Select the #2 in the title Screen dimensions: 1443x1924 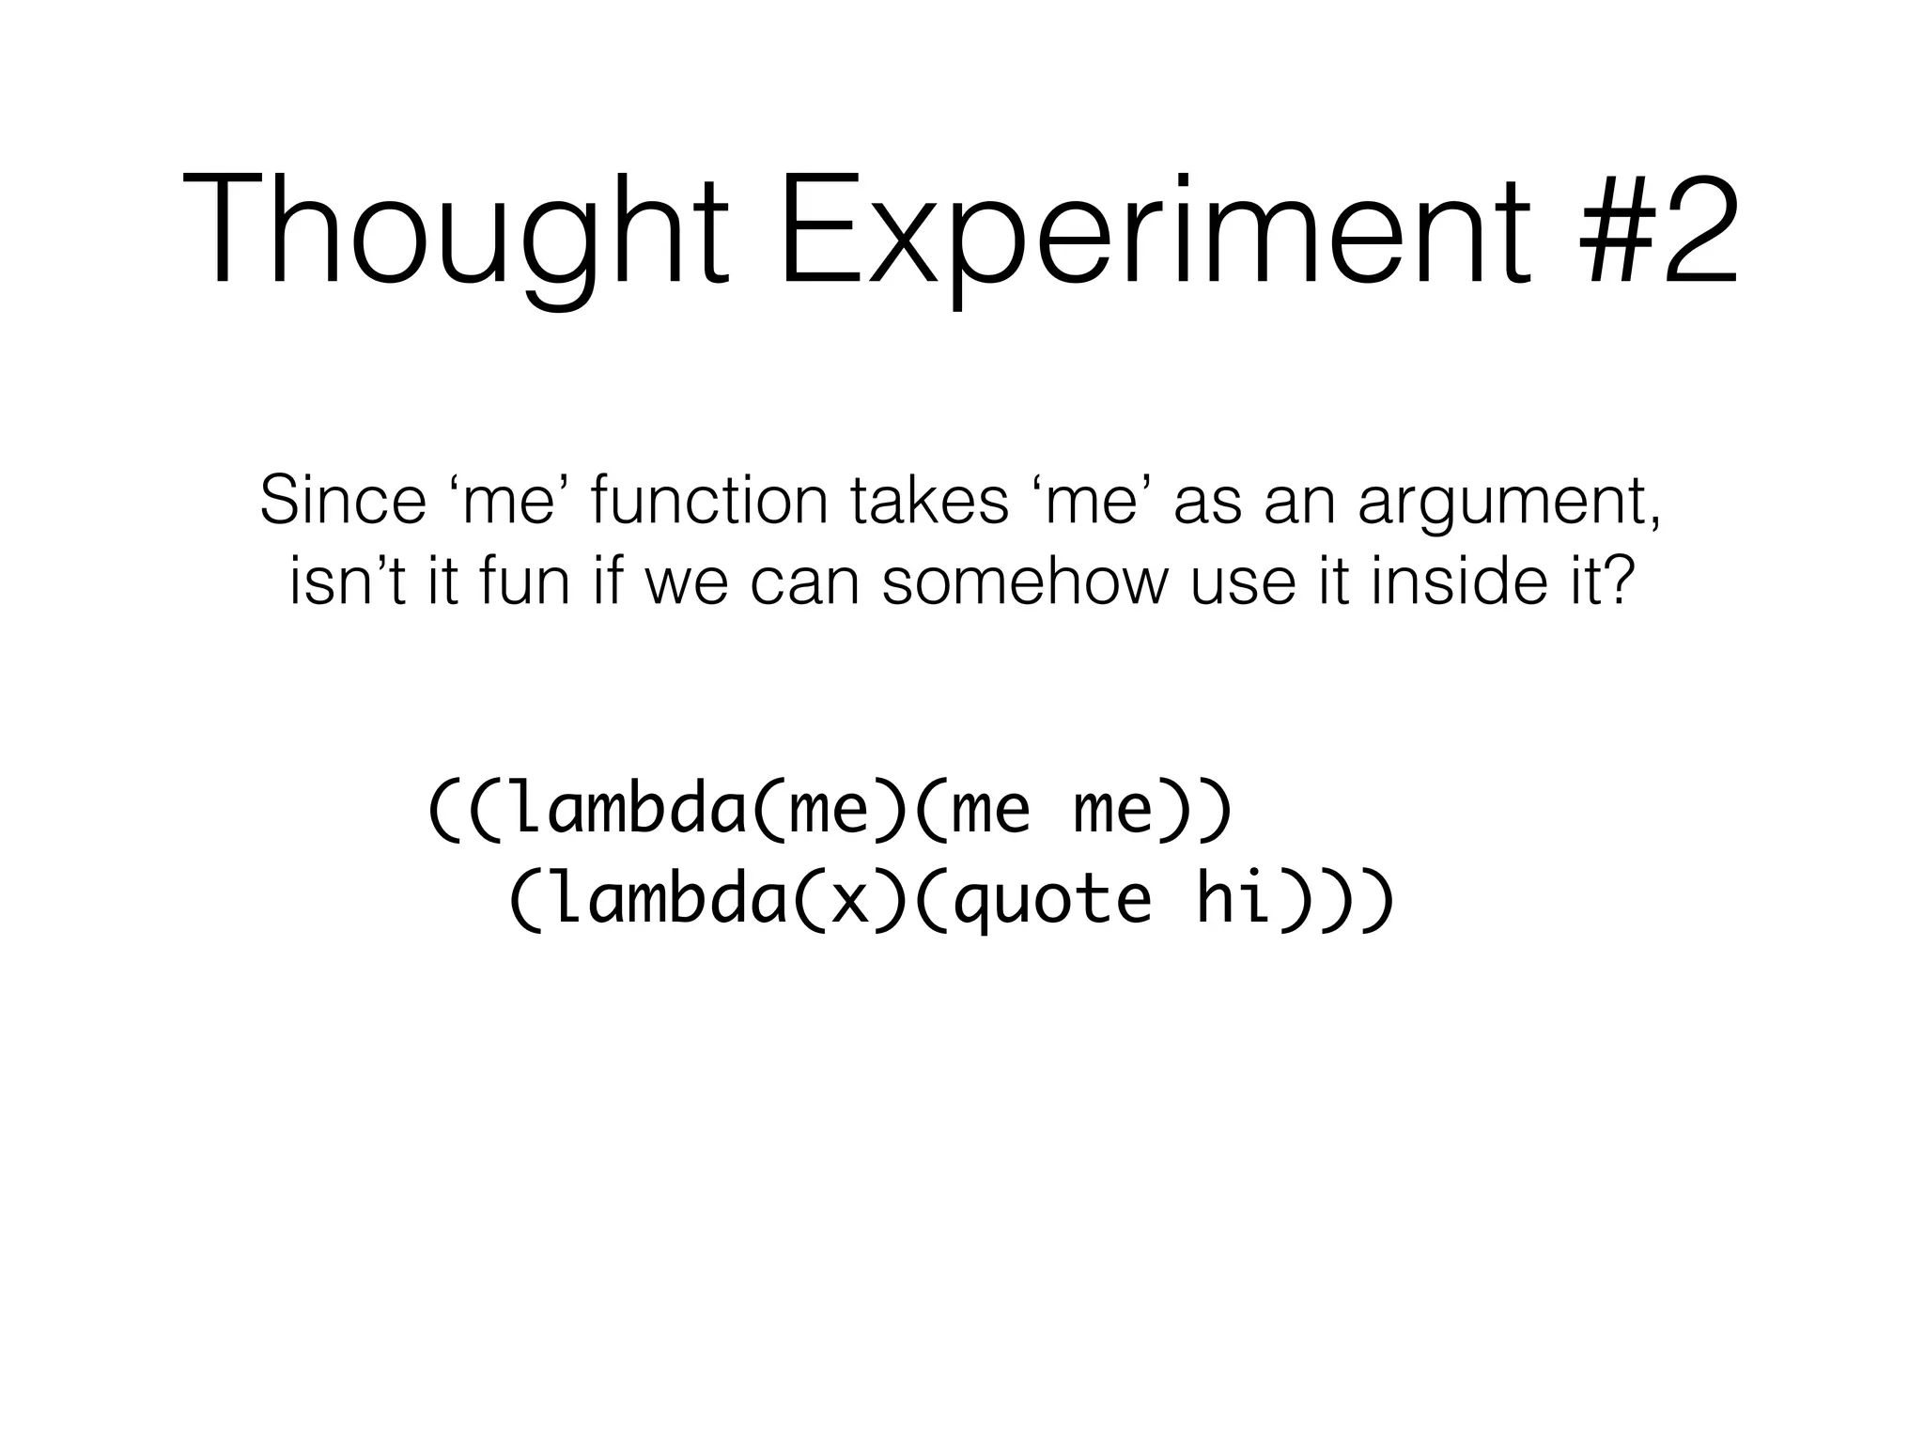[x=1659, y=230]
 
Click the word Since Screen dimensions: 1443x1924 [x=343, y=500]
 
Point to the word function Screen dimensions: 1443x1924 [x=709, y=500]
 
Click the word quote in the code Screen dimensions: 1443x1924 [x=1051, y=900]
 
